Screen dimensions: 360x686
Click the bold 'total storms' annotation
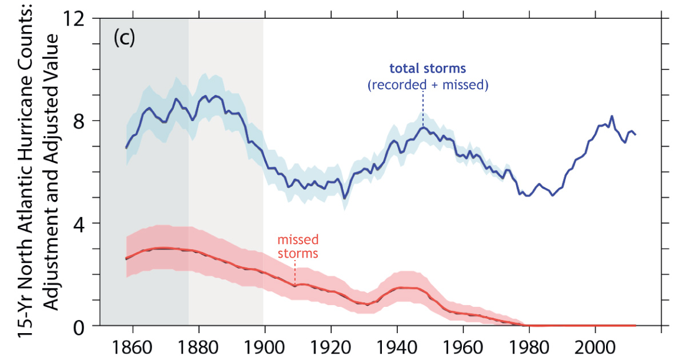click(428, 69)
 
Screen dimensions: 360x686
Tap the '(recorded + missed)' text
click(428, 85)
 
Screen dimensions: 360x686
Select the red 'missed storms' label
click(298, 246)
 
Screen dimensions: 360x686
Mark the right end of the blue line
click(635, 134)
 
